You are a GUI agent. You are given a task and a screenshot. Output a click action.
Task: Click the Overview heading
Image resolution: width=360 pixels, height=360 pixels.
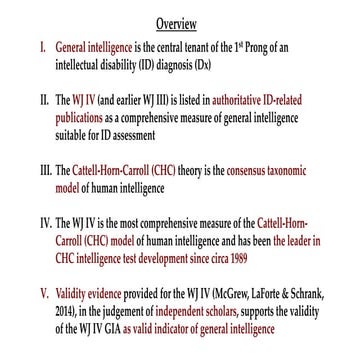(x=180, y=22)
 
